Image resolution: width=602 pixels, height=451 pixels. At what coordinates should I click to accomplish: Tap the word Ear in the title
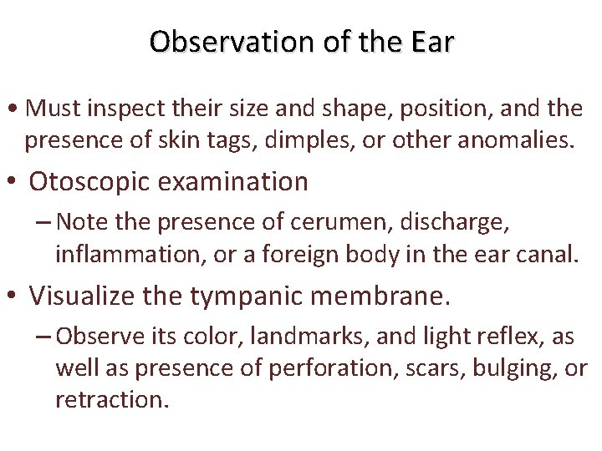(432, 41)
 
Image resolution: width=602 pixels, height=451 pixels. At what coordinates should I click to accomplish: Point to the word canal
(548, 254)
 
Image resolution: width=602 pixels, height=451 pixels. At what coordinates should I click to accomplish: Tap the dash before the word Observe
(45, 336)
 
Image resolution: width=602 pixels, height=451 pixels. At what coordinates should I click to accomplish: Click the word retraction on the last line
(111, 399)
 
